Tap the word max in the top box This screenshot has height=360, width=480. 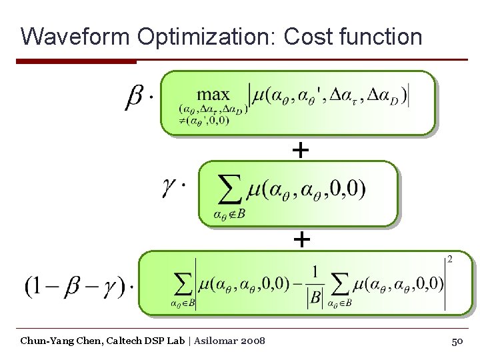[213, 95]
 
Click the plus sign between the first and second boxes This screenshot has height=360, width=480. [301, 151]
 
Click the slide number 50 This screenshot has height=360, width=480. [457, 341]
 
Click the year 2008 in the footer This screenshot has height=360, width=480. [253, 341]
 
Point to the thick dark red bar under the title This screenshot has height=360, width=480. [76, 61]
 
